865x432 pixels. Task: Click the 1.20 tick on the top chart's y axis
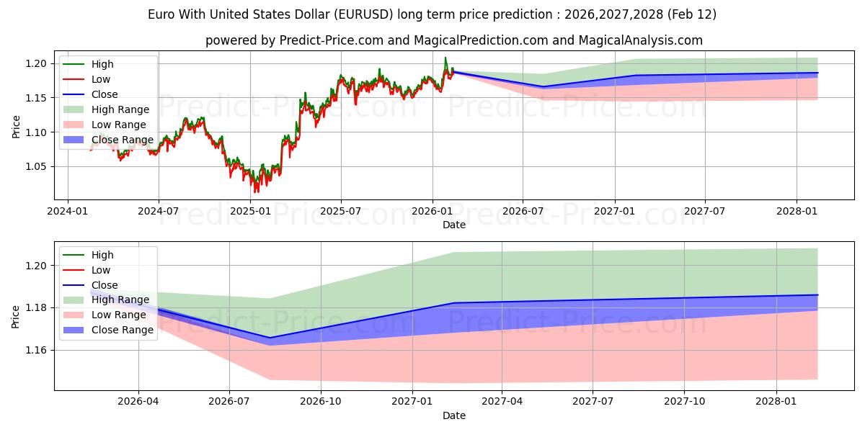pyautogui.click(x=37, y=63)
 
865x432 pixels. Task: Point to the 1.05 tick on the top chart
pyautogui.click(x=37, y=166)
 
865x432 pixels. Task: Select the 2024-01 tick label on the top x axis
pyautogui.click(x=68, y=211)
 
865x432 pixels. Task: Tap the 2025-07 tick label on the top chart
pyautogui.click(x=340, y=211)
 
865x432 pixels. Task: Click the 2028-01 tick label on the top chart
pyautogui.click(x=796, y=211)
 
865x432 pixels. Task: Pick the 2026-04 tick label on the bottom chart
pyautogui.click(x=138, y=401)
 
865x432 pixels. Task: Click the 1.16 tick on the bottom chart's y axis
pyautogui.click(x=37, y=350)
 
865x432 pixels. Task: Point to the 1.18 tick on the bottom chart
pyautogui.click(x=37, y=307)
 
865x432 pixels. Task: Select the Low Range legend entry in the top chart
pyautogui.click(x=118, y=125)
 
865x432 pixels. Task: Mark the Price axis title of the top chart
pyautogui.click(x=16, y=127)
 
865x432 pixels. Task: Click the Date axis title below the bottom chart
pyautogui.click(x=454, y=415)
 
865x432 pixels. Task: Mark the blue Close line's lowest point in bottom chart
pyautogui.click(x=270, y=338)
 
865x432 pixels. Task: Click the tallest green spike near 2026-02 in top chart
pyautogui.click(x=445, y=58)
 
